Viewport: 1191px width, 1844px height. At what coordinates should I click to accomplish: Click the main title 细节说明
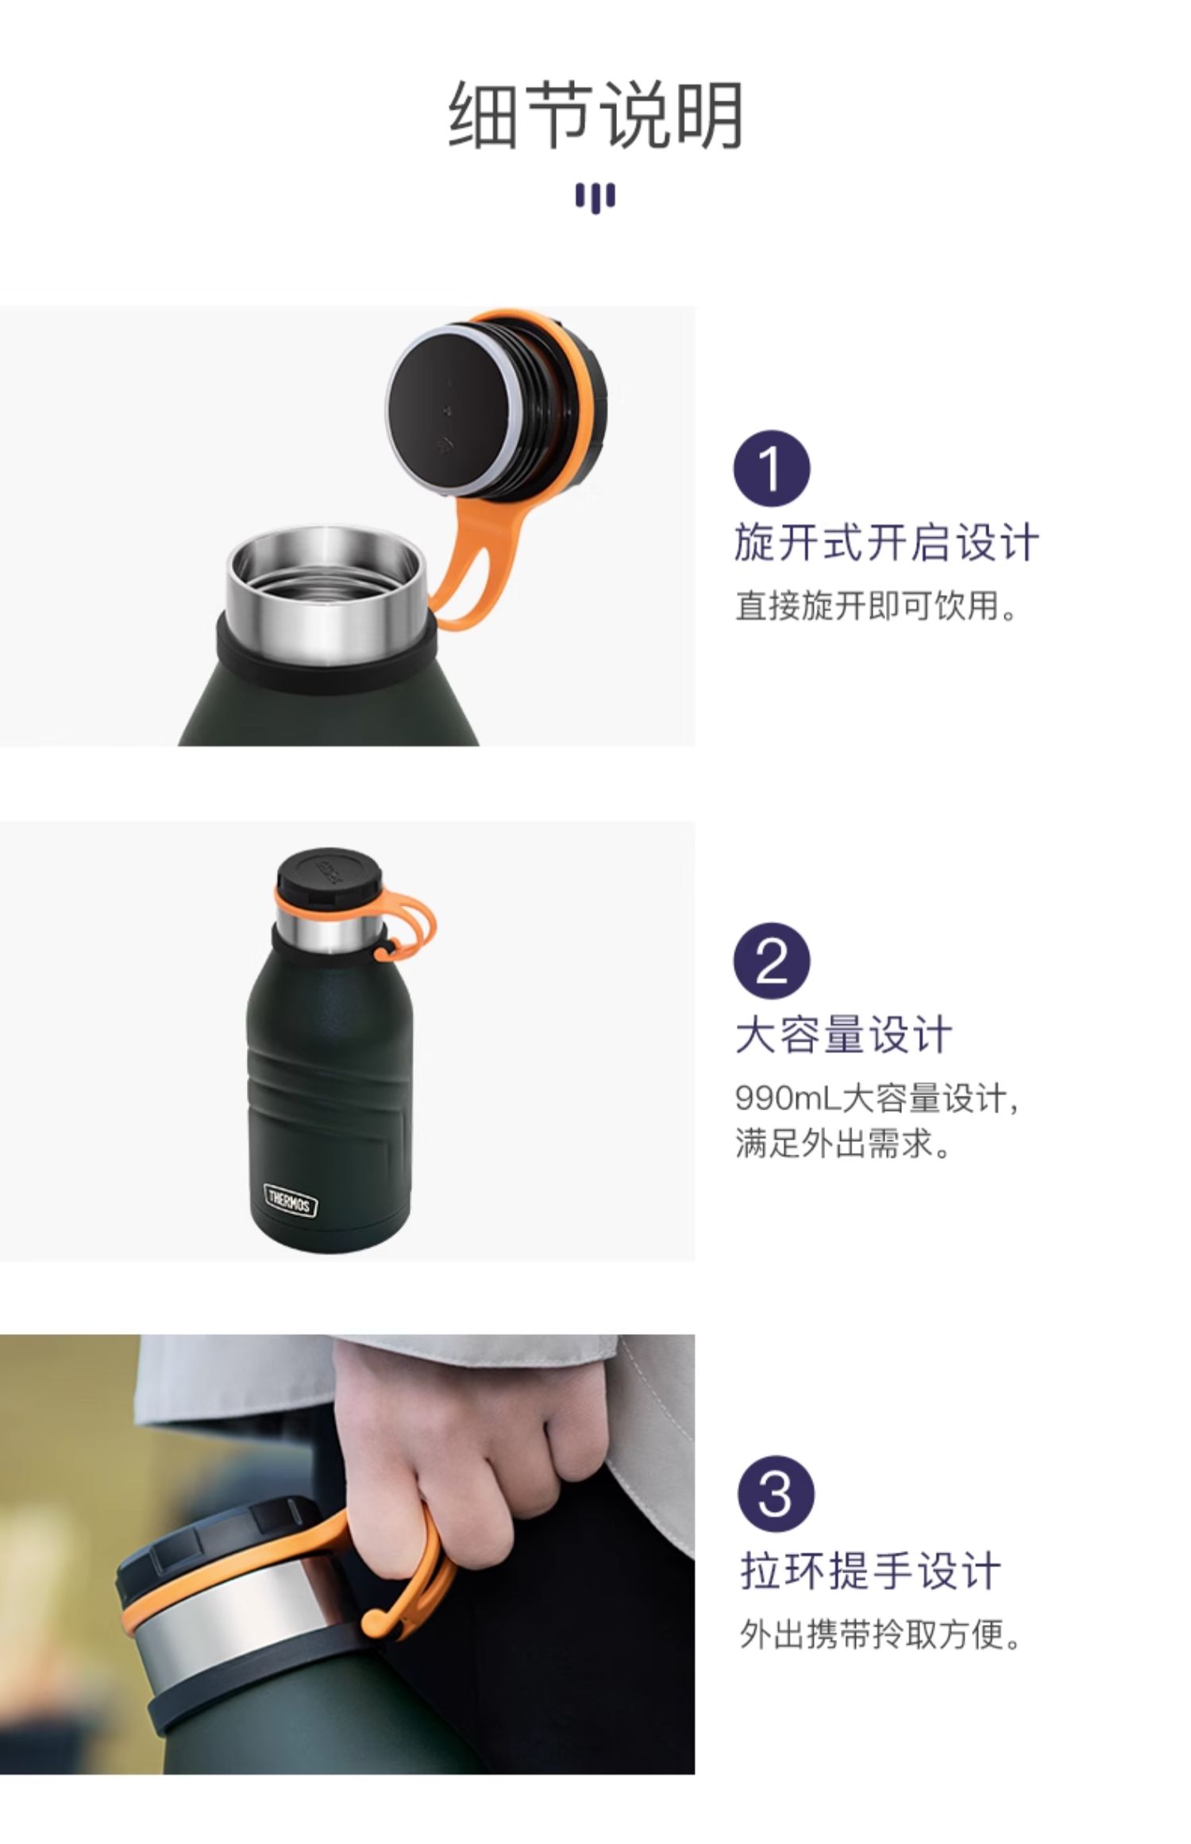click(x=595, y=116)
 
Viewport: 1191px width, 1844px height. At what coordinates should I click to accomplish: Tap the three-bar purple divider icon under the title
click(x=595, y=198)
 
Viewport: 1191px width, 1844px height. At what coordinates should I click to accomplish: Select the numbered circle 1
click(x=771, y=469)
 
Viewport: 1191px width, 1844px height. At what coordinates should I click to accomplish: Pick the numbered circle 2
click(x=771, y=960)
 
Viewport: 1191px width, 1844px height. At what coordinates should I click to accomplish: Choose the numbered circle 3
click(x=775, y=1494)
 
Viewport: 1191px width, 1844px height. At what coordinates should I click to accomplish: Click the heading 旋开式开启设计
click(x=886, y=543)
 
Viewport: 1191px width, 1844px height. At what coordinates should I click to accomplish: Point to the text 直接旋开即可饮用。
click(x=877, y=605)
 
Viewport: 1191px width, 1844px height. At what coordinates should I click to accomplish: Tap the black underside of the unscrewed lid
click(x=449, y=411)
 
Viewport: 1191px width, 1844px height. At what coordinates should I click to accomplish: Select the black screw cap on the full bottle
click(x=328, y=876)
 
